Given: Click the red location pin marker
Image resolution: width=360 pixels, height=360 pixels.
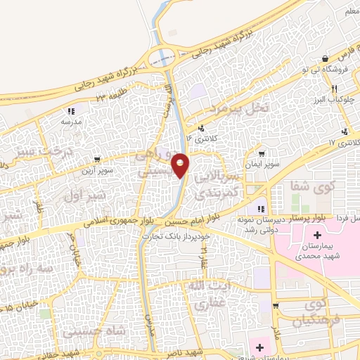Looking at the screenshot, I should click(181, 165).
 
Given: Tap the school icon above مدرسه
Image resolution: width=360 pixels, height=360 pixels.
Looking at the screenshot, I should click(70, 111).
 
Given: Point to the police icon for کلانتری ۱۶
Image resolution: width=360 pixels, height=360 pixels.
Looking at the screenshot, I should click(202, 129).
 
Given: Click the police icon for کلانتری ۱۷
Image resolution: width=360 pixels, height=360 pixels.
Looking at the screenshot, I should click(345, 131).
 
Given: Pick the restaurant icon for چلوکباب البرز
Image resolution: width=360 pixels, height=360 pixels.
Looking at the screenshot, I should click(335, 89).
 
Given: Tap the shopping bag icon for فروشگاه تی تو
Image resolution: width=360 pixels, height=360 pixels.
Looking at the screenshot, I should click(324, 58).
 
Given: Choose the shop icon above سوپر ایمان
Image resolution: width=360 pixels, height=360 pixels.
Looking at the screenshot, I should click(262, 154).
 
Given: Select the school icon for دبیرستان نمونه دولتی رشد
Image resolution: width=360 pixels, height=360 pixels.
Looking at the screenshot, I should click(262, 209).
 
